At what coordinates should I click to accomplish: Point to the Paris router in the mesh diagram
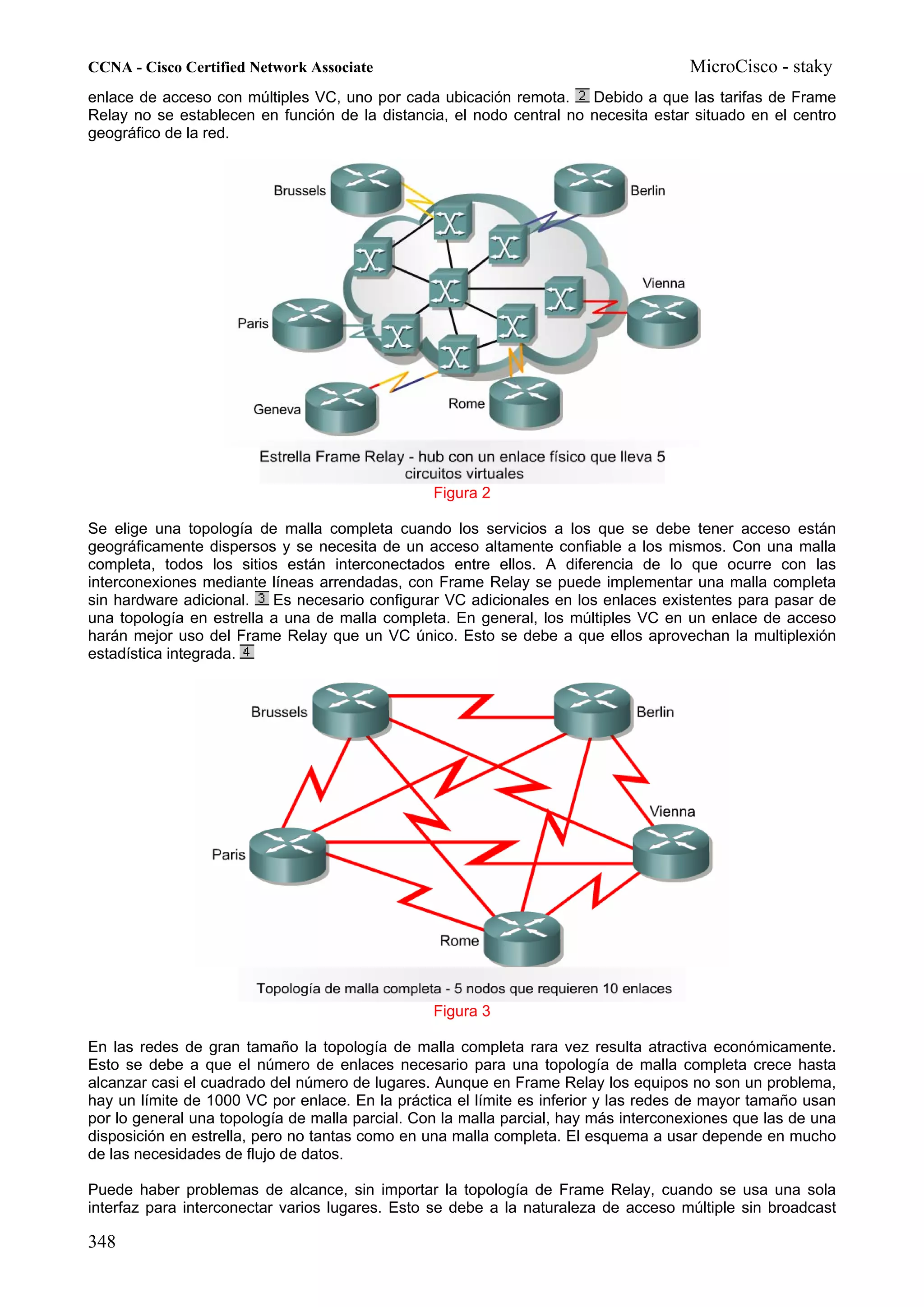click(x=288, y=855)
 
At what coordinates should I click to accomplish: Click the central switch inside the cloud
click(x=448, y=289)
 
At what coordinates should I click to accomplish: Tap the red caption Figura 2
click(x=462, y=493)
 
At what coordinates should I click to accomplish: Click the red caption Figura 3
click(x=462, y=1011)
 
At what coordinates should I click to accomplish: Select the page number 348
click(x=102, y=1242)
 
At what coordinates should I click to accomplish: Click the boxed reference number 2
click(x=582, y=96)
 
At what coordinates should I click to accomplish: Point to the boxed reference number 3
click(x=261, y=598)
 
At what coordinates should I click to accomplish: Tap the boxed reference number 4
click(x=246, y=652)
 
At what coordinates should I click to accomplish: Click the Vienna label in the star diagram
click(x=663, y=283)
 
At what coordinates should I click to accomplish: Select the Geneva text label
click(x=277, y=409)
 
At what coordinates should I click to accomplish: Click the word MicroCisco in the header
click(x=733, y=67)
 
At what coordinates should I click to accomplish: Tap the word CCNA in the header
click(x=110, y=67)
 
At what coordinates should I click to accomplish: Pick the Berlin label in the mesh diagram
click(x=655, y=712)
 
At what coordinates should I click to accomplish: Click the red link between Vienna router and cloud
click(x=605, y=307)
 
